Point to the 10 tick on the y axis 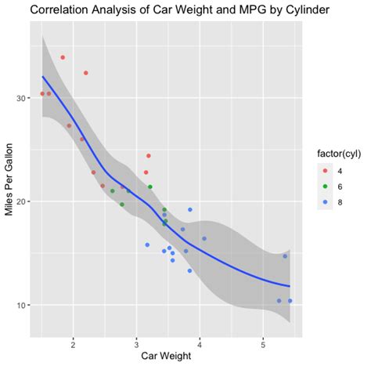tap(23, 305)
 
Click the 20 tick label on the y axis tap(23, 201)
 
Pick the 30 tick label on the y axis tap(23, 98)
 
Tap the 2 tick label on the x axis tap(73, 342)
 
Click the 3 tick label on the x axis tap(136, 342)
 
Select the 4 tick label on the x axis tap(200, 342)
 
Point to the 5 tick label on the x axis tap(264, 342)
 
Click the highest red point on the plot tap(63, 57)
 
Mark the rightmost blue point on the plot tap(290, 301)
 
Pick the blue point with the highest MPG tap(190, 209)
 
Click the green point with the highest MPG tap(150, 187)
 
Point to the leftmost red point tap(42, 94)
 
